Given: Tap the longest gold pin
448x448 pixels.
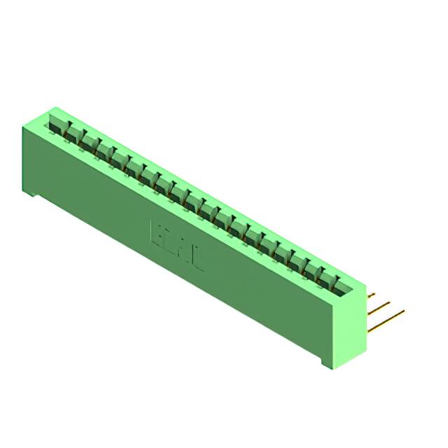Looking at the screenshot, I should pyautogui.click(x=388, y=318).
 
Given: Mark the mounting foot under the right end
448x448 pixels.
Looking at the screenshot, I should pyautogui.click(x=330, y=363).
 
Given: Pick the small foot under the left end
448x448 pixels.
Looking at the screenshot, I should pyautogui.click(x=31, y=192).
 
